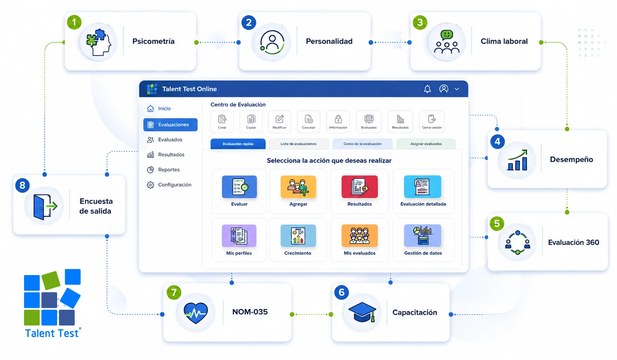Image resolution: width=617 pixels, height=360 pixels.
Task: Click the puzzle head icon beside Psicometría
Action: [x=98, y=42]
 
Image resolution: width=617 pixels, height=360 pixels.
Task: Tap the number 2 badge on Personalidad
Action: [x=249, y=22]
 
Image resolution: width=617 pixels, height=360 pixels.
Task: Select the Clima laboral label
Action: [x=504, y=41]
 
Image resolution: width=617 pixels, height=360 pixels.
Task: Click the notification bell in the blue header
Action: [x=427, y=89]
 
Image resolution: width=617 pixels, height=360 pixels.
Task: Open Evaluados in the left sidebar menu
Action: [x=170, y=140]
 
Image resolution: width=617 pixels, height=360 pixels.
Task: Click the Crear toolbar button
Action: [x=222, y=121]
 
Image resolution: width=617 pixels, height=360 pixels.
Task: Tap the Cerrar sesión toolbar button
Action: [x=432, y=121]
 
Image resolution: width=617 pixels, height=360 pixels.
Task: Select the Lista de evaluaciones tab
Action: [x=299, y=144]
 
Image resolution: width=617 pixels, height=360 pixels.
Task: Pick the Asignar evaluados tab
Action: [x=426, y=144]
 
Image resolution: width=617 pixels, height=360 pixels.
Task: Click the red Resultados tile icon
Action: [x=360, y=187]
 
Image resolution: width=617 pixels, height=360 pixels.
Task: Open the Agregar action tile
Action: [x=298, y=191]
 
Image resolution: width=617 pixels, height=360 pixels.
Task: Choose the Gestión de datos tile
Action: [x=423, y=240]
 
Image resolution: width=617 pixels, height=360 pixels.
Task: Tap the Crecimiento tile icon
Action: [x=298, y=236]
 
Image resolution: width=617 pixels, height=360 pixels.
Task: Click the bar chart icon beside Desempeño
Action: [x=517, y=160]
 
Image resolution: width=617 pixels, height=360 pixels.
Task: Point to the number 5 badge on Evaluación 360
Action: [x=497, y=223]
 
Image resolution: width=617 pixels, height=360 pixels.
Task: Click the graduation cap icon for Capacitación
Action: [x=362, y=312]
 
